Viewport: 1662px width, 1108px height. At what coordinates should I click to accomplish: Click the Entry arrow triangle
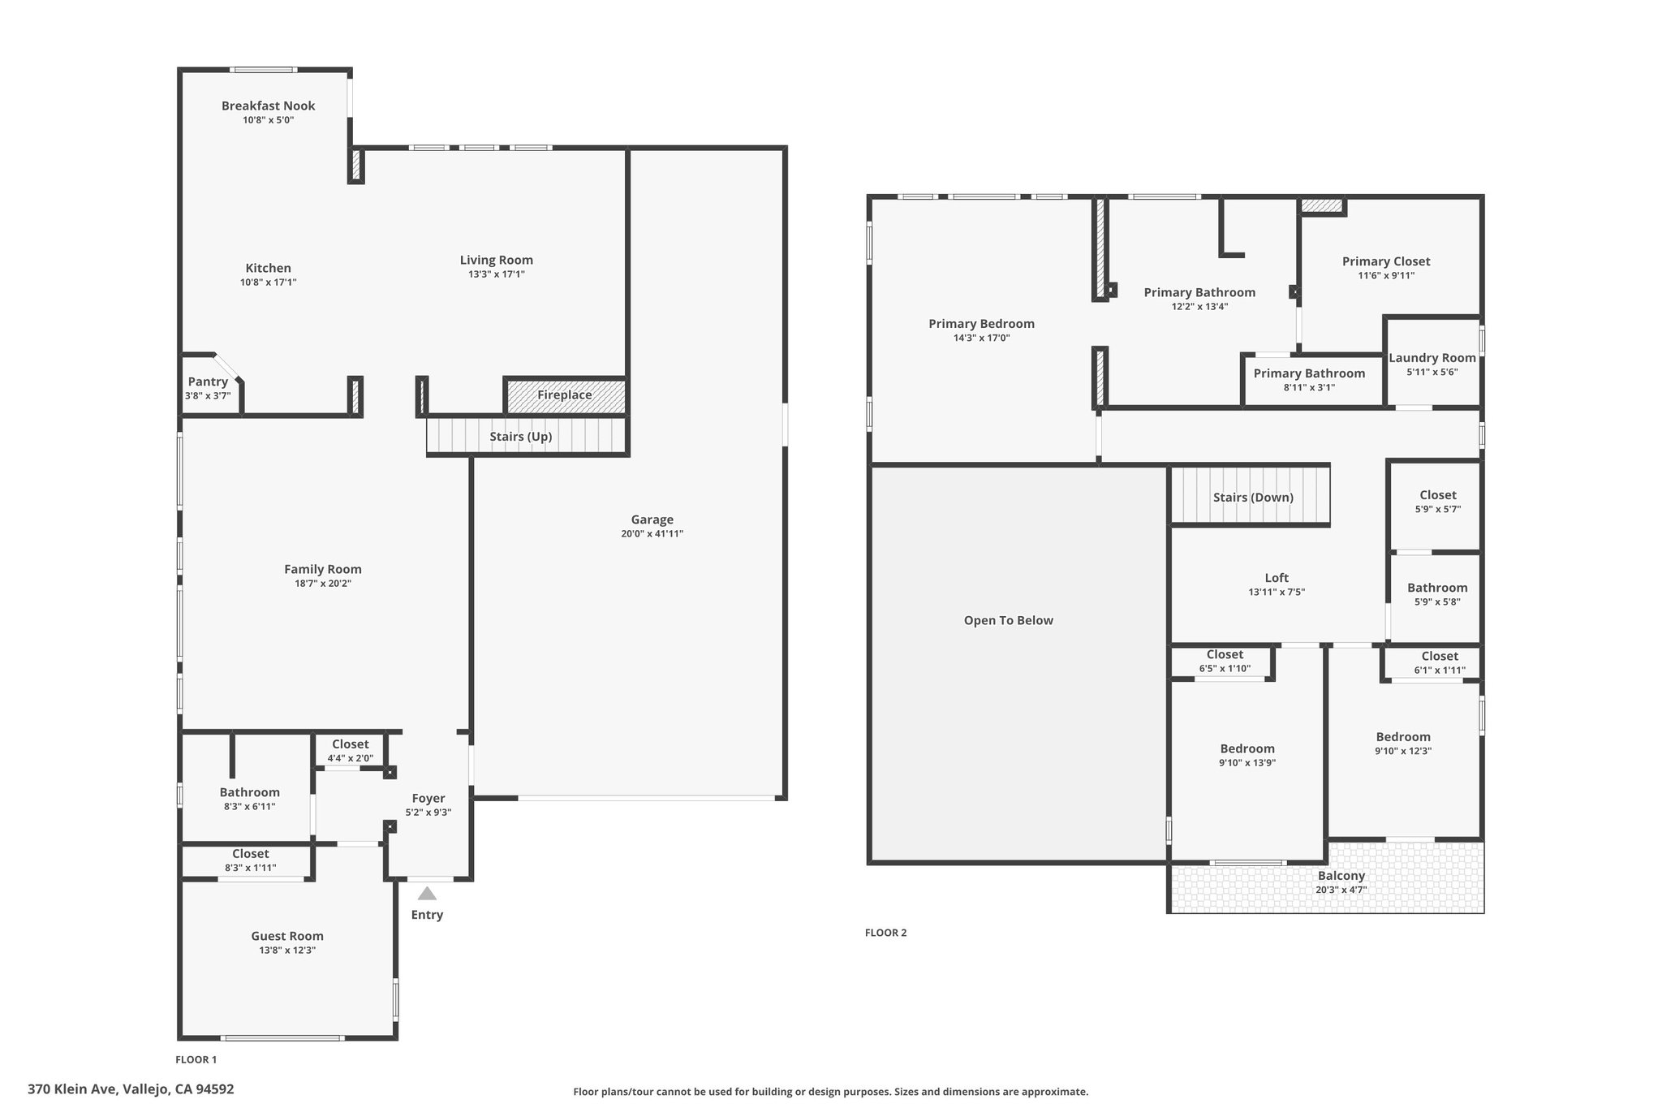(427, 894)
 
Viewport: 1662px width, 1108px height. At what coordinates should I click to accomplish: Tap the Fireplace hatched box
(566, 395)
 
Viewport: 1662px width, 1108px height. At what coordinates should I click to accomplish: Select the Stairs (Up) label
(521, 437)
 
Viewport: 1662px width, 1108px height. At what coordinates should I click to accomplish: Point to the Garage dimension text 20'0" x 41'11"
(652, 534)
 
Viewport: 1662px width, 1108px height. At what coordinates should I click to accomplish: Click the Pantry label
(209, 382)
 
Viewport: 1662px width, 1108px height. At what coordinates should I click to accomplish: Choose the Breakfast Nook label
(269, 106)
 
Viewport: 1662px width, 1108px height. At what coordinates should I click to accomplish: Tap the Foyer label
(428, 799)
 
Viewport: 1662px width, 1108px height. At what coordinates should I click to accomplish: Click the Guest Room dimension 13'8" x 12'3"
(287, 951)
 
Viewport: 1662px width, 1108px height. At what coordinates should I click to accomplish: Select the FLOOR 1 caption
(196, 1059)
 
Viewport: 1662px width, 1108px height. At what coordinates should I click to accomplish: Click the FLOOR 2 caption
(886, 933)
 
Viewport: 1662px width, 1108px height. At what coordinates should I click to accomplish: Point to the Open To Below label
(1009, 621)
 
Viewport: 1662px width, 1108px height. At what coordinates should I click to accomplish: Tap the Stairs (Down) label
(1254, 498)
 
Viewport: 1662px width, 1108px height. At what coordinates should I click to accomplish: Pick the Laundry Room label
(1432, 358)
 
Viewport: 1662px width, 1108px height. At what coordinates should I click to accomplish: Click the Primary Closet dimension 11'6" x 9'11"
(1387, 276)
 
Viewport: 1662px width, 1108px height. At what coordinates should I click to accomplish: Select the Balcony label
(1341, 876)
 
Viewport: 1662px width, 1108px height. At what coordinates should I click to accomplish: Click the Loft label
(1277, 578)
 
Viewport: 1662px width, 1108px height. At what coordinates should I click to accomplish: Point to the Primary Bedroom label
(982, 324)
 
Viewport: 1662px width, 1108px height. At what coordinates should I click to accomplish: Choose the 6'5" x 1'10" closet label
(1225, 669)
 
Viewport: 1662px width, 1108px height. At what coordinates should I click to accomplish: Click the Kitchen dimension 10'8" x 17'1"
(269, 282)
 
